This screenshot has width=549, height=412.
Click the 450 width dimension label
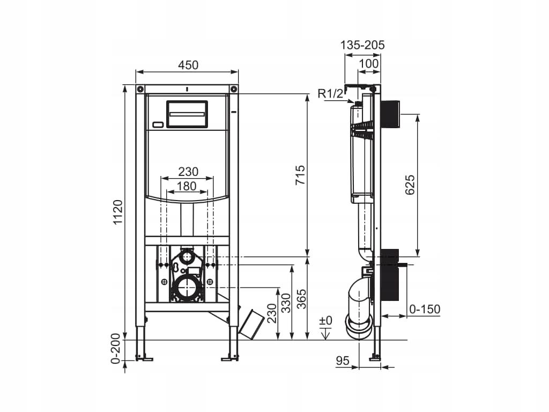coord(188,65)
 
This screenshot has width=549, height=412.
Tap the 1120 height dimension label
coord(118,212)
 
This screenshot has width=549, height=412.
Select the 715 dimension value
coord(300,175)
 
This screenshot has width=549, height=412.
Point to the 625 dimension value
coord(409,185)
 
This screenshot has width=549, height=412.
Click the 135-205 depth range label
coord(362,45)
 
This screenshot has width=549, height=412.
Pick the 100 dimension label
coord(369,63)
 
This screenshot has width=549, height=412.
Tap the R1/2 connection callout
coord(330,93)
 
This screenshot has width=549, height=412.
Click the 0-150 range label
coord(425,309)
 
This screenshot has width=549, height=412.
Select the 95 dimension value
coord(343,360)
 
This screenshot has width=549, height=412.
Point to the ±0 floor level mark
coord(325,320)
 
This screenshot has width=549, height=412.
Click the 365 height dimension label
coord(301,299)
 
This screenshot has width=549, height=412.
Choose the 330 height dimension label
coord(286,303)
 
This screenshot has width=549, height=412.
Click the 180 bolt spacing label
coord(186,186)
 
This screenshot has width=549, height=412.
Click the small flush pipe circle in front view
coord(187,257)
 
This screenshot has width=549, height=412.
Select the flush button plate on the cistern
coord(187,114)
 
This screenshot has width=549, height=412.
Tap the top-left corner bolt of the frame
coord(140,89)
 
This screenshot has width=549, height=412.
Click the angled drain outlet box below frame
coord(251,323)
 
